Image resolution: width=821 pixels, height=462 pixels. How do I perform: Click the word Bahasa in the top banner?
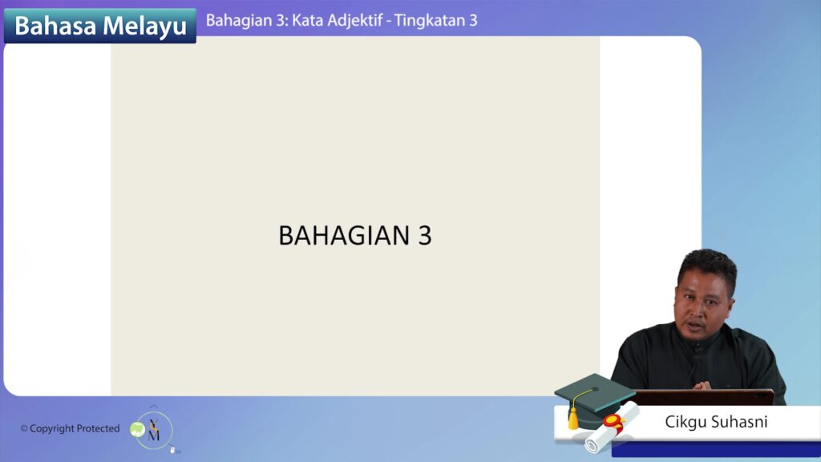pos(55,26)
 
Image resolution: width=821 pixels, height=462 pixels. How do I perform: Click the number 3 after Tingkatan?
pos(473,20)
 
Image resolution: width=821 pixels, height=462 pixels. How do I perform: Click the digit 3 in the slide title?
pos(425,235)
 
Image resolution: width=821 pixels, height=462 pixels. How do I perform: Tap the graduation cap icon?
pos(594,398)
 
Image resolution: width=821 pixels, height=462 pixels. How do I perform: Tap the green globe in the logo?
pos(137,430)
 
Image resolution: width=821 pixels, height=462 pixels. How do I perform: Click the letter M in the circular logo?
pos(155,434)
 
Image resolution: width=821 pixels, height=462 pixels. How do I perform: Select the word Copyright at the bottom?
pos(52,428)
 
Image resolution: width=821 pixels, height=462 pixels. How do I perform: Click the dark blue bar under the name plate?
pos(716,449)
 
